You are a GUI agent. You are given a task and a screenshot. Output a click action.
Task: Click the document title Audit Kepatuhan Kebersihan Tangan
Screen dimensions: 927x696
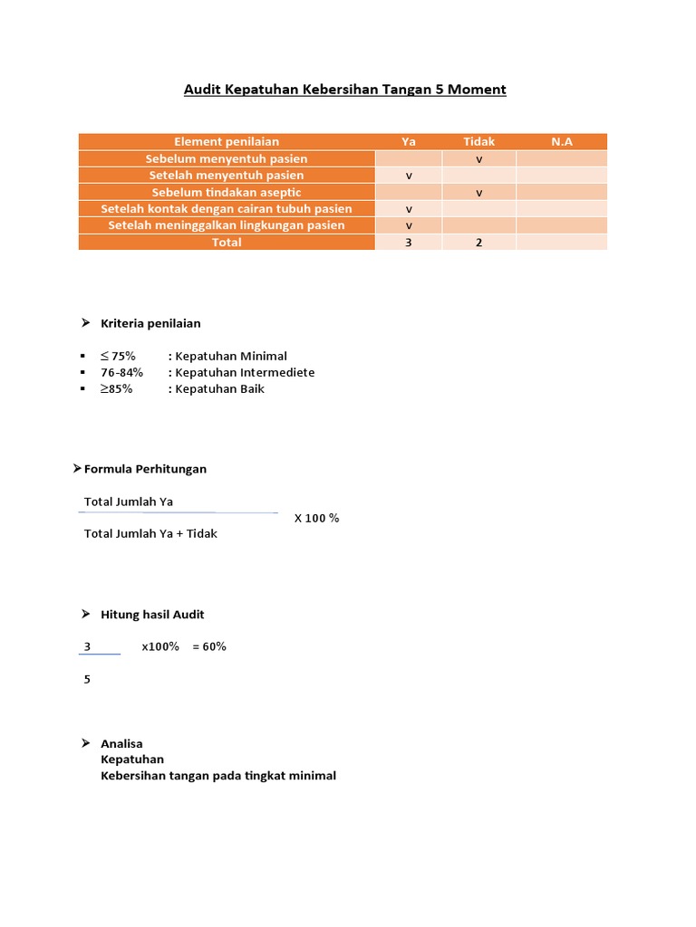[344, 90]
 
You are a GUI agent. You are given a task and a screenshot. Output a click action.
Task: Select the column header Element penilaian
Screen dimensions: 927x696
[227, 141]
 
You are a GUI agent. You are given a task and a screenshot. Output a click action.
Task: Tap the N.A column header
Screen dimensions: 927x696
[562, 141]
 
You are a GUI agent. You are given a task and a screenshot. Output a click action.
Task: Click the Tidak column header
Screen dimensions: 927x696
[478, 141]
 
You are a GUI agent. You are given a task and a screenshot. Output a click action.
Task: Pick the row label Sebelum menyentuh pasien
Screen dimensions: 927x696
[227, 158]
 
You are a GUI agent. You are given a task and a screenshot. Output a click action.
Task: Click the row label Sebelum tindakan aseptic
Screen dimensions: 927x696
[227, 192]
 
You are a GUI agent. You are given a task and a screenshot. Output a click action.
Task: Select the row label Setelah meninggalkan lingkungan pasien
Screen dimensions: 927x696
[227, 225]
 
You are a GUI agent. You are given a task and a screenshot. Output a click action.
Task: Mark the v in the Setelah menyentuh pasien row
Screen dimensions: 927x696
[409, 176]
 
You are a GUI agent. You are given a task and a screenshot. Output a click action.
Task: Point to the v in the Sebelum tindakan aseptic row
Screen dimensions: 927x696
[479, 193]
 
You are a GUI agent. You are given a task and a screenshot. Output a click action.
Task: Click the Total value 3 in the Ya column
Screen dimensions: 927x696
[409, 243]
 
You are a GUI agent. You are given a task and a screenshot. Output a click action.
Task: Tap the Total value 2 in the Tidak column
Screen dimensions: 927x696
[479, 243]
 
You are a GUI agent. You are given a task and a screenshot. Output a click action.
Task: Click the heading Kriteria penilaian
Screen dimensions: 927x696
[150, 323]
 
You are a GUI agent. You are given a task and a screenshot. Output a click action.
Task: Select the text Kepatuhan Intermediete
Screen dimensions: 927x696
[245, 372]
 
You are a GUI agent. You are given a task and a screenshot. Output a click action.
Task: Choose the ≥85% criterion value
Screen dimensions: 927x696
[116, 388]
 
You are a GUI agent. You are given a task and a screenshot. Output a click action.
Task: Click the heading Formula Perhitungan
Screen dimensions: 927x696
[145, 469]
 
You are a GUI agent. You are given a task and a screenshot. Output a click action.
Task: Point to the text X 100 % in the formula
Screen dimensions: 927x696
[316, 518]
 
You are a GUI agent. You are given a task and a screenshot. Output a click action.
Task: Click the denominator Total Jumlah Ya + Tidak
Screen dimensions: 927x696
[150, 533]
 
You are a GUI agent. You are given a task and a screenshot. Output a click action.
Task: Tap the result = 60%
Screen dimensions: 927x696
[209, 646]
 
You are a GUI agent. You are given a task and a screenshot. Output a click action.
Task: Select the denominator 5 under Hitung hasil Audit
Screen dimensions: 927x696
[87, 679]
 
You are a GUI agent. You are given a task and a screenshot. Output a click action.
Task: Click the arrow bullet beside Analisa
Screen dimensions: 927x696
[85, 743]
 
